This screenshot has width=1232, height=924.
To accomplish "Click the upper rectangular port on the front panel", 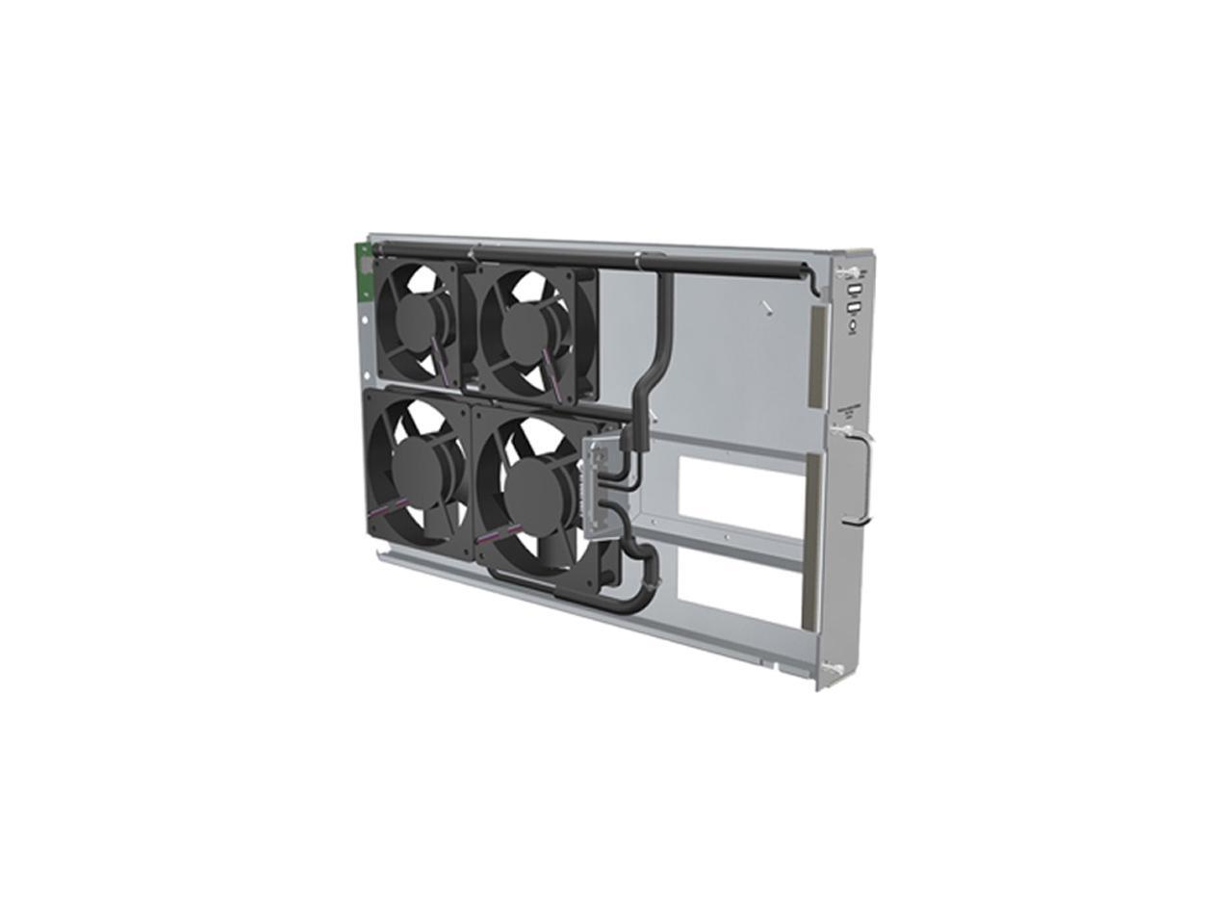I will point(853,290).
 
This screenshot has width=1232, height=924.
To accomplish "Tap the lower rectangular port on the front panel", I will point(853,309).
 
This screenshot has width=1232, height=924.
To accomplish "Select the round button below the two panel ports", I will point(854,326).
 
